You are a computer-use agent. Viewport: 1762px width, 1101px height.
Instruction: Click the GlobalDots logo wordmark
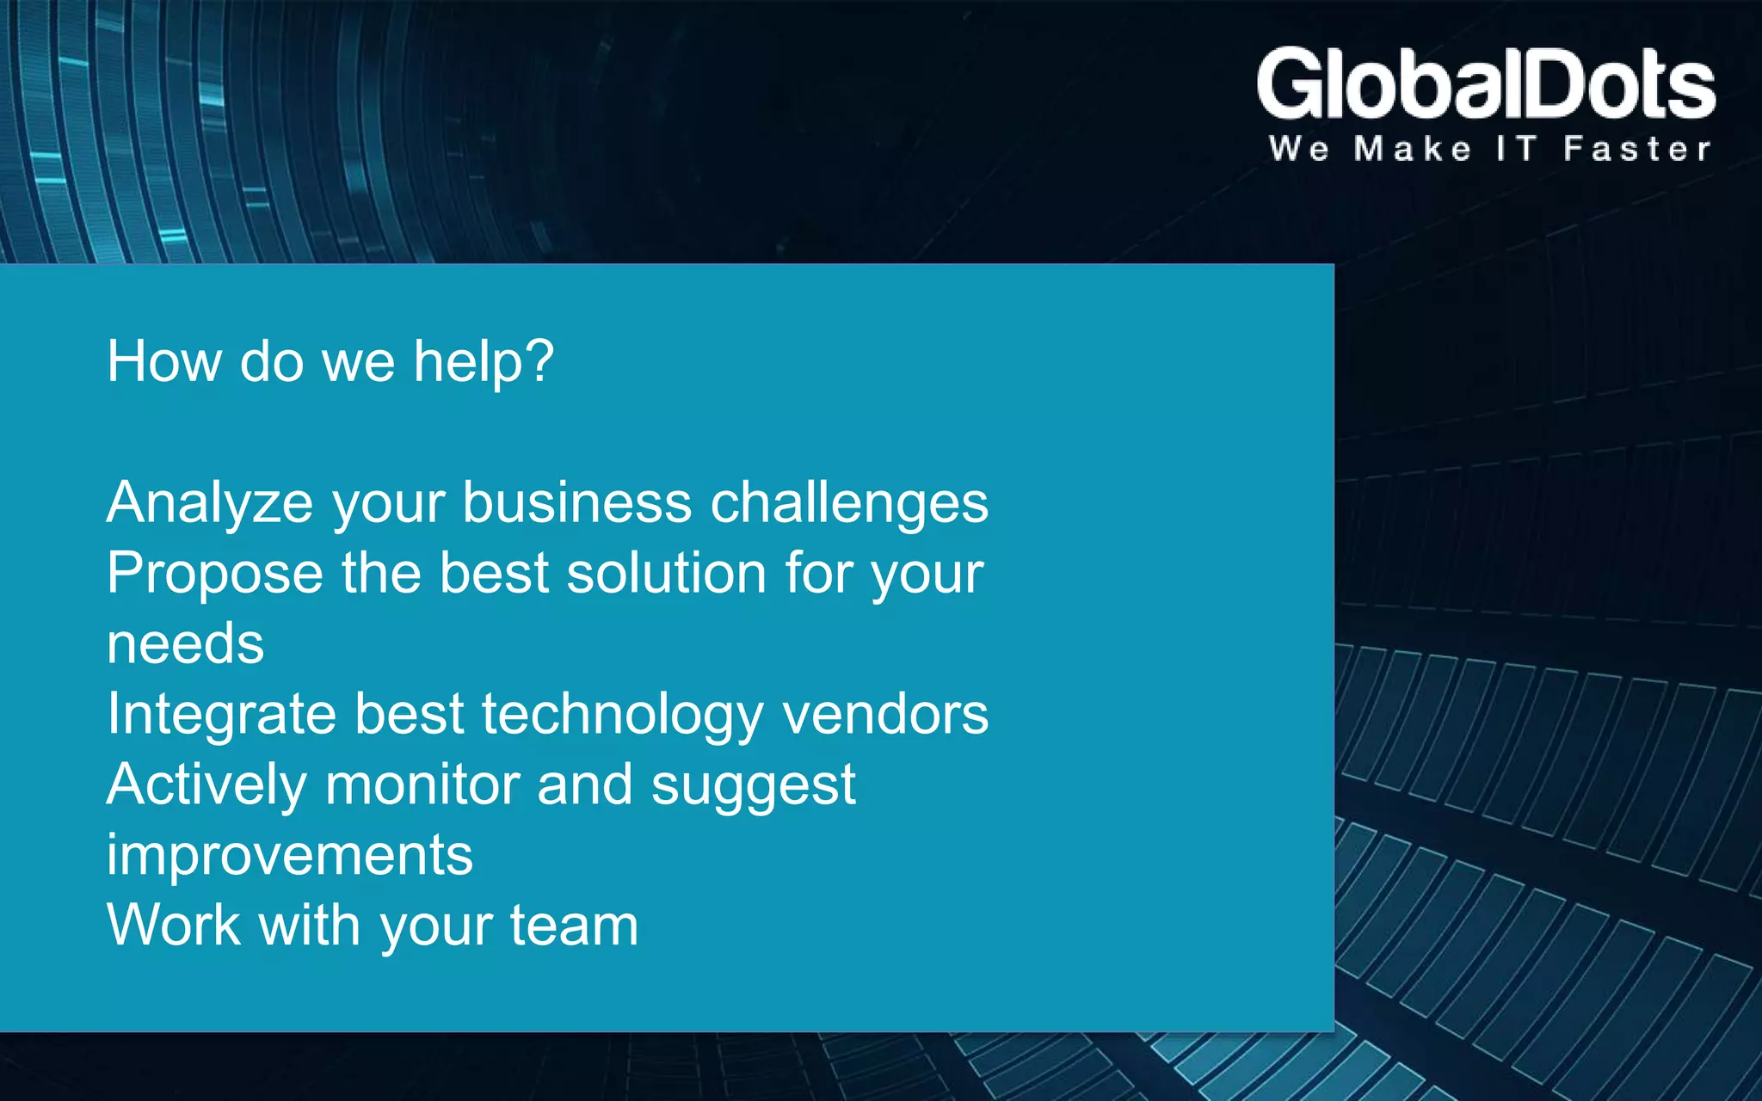tap(1486, 84)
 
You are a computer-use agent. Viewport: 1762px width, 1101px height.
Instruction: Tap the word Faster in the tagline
tap(1636, 149)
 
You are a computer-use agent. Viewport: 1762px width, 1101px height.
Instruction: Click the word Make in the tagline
tap(1412, 149)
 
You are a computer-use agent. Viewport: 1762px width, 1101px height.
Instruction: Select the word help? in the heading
tap(484, 362)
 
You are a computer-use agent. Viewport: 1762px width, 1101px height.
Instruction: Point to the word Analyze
tap(209, 503)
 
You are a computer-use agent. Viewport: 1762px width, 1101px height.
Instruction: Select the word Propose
tap(214, 574)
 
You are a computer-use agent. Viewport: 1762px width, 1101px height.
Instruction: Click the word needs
tap(185, 644)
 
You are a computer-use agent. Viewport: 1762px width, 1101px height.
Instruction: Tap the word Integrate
tap(221, 716)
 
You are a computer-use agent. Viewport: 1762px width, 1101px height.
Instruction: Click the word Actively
tap(206, 785)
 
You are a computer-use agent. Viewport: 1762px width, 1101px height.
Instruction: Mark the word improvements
tap(290, 856)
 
